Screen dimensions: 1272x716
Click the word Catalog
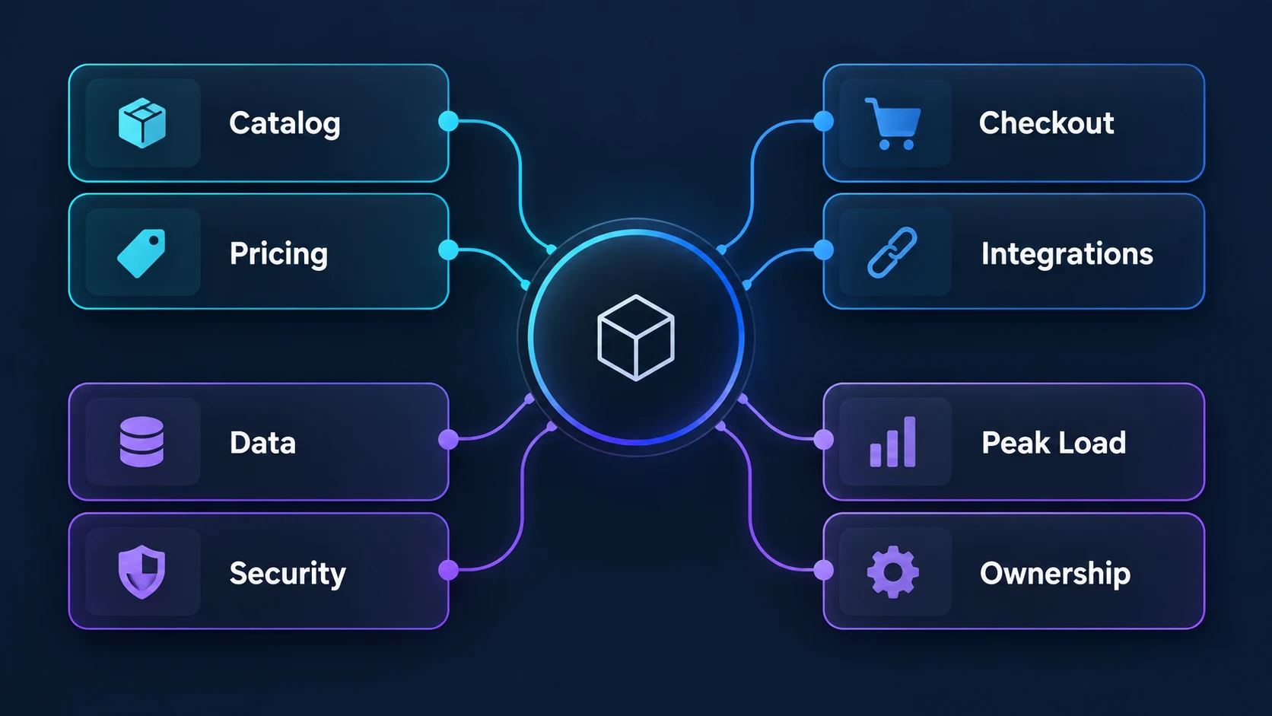tap(285, 124)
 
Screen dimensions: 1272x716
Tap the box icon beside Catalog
tap(142, 123)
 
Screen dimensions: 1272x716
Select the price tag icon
tap(142, 253)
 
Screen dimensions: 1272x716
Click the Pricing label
tap(278, 254)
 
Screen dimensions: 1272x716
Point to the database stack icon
tap(142, 442)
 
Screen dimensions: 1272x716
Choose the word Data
tap(262, 443)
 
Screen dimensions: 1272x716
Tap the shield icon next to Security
tap(142, 571)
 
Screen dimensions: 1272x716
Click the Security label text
tap(288, 574)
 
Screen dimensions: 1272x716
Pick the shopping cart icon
tap(892, 124)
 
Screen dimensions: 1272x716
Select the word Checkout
tap(1046, 123)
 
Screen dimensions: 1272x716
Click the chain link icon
tap(892, 253)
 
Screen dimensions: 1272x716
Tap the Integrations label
tap(1067, 254)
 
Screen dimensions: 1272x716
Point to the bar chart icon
tap(892, 442)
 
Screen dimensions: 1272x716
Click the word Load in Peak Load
tap(1089, 443)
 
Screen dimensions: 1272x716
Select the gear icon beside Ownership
tap(892, 571)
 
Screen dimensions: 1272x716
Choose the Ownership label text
tap(1055, 574)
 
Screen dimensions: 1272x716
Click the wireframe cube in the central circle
tap(636, 338)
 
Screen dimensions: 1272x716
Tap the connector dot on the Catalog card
tap(449, 121)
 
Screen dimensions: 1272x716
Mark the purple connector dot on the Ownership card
tap(823, 570)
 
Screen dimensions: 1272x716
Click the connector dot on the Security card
tap(449, 570)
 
